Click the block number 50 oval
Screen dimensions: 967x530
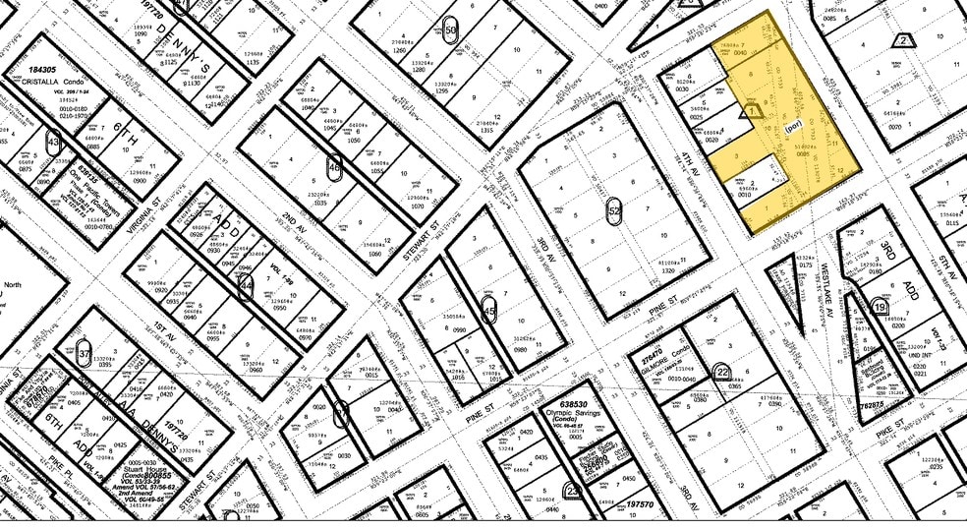(451, 29)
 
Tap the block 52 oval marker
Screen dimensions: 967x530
(615, 210)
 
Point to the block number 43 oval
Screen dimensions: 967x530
(52, 143)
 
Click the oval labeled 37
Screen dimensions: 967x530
(85, 352)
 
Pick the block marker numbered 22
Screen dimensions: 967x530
(723, 371)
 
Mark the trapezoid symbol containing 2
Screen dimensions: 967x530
(903, 40)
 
